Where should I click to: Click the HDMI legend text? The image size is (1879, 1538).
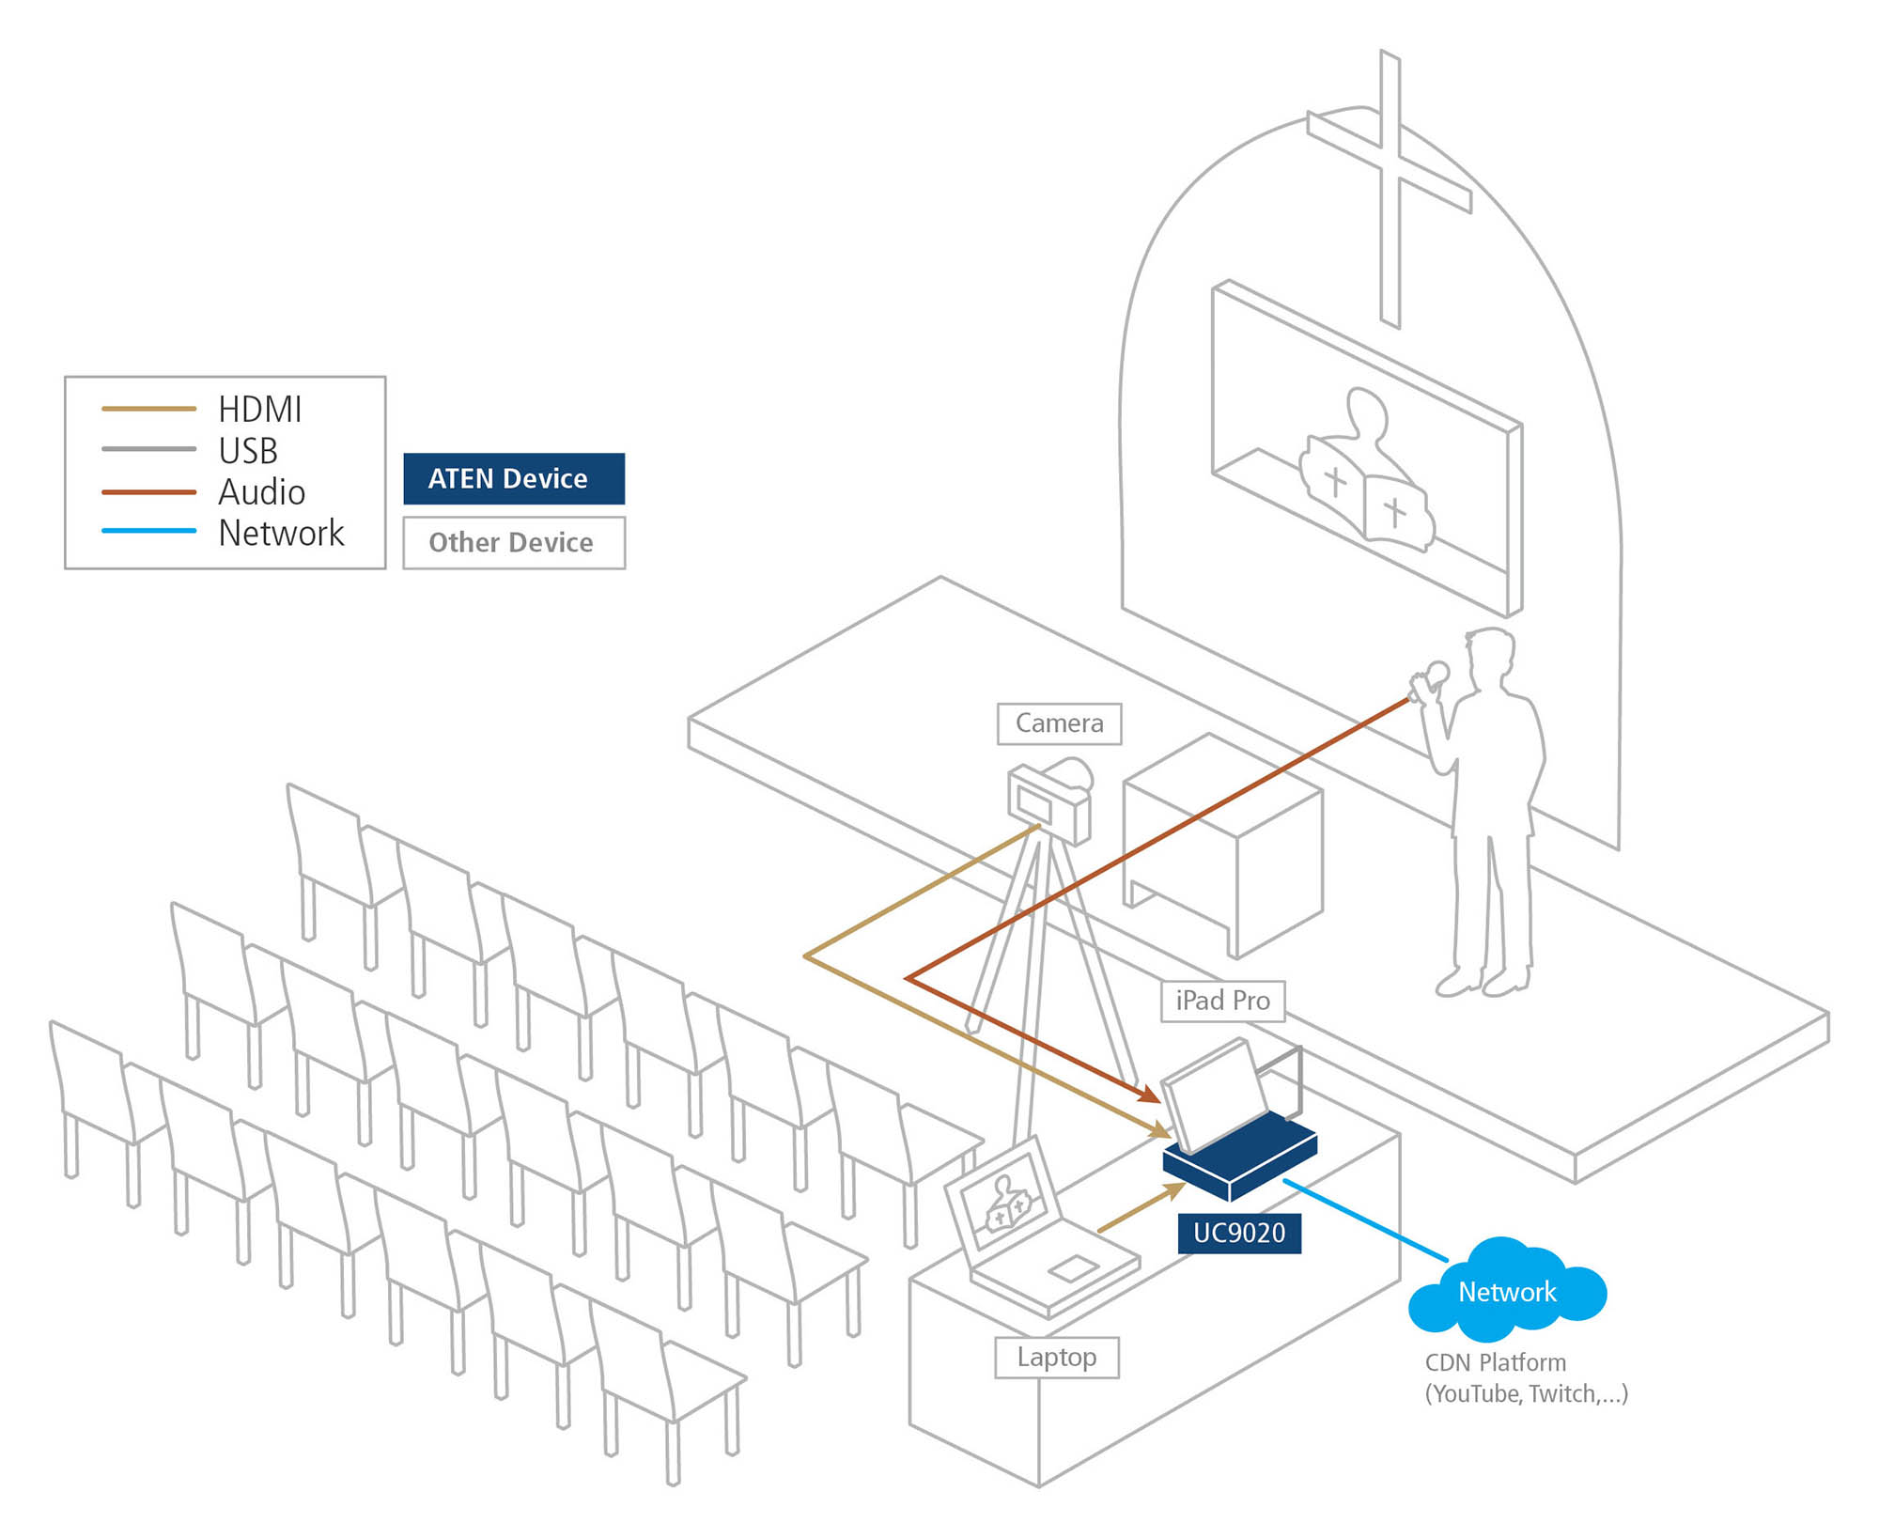coord(259,410)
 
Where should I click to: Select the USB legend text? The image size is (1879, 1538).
coord(248,451)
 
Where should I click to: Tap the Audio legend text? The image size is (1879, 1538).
coord(261,492)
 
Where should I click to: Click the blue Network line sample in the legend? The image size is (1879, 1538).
coord(148,531)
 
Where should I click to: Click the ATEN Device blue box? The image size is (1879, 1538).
coord(513,479)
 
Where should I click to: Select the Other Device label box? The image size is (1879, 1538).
coord(513,543)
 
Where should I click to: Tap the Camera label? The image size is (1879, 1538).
coord(1059,723)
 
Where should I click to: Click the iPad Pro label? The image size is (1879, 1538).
coord(1222,1001)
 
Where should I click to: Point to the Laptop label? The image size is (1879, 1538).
coord(1056,1358)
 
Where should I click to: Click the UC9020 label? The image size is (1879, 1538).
coord(1239,1233)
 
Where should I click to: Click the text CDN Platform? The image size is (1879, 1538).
coord(1495,1362)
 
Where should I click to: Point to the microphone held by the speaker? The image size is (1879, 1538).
coord(1436,673)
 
